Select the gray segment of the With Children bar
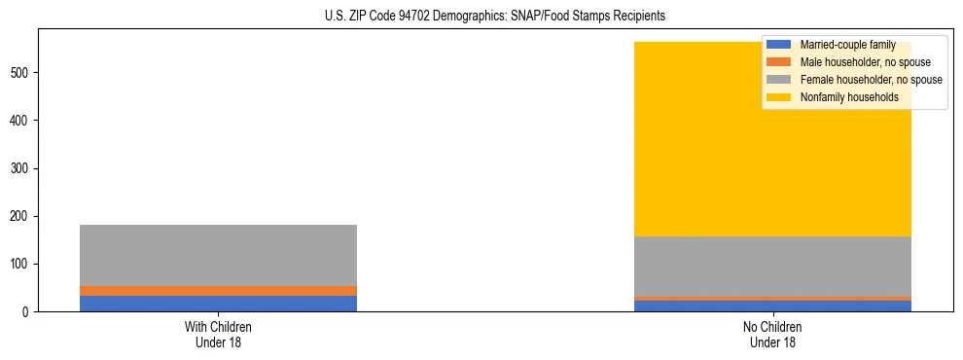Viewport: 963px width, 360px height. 218,255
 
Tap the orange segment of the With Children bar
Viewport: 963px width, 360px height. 218,291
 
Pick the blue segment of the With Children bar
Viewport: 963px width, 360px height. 218,304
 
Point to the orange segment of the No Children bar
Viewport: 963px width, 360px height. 772,299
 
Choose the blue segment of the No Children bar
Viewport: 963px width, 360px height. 772,306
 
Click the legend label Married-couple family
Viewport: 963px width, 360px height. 847,45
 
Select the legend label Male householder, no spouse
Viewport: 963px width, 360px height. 860,62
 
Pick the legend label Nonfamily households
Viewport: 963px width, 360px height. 848,97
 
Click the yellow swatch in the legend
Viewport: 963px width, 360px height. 779,97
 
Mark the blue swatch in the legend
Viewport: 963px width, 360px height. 779,45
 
